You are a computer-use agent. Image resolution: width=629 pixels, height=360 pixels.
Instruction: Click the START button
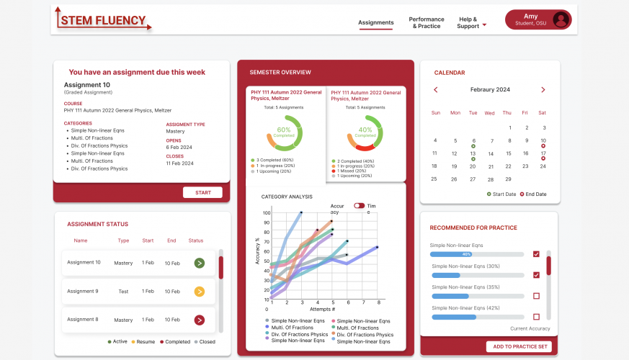pos(202,192)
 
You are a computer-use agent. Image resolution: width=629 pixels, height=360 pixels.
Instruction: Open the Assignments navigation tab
pos(376,23)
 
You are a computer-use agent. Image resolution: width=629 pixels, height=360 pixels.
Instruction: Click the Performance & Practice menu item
pos(427,23)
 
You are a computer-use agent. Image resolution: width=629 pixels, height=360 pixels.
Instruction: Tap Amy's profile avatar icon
pos(561,19)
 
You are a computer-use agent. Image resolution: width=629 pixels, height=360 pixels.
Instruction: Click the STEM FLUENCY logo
pos(104,21)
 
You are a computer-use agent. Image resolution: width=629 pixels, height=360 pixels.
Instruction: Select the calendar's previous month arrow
pos(436,90)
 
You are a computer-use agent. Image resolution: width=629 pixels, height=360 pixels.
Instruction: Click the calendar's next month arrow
pos(543,90)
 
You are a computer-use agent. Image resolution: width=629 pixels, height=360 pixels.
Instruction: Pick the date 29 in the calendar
pos(508,179)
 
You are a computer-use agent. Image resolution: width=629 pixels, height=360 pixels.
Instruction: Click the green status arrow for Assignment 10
pos(200,263)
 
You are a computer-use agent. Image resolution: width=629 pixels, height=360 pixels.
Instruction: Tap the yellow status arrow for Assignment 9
pos(200,292)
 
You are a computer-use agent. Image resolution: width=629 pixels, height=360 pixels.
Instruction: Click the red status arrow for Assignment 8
pos(200,320)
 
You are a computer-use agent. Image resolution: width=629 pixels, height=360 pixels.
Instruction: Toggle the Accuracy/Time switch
pos(359,205)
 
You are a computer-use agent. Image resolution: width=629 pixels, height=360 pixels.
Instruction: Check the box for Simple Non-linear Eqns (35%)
pos(536,296)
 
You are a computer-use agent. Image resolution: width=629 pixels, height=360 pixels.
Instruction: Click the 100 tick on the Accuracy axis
pos(267,213)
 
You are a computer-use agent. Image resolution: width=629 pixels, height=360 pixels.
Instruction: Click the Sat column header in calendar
pos(543,113)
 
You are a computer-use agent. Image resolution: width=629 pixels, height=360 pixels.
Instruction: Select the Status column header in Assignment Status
pos(196,240)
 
